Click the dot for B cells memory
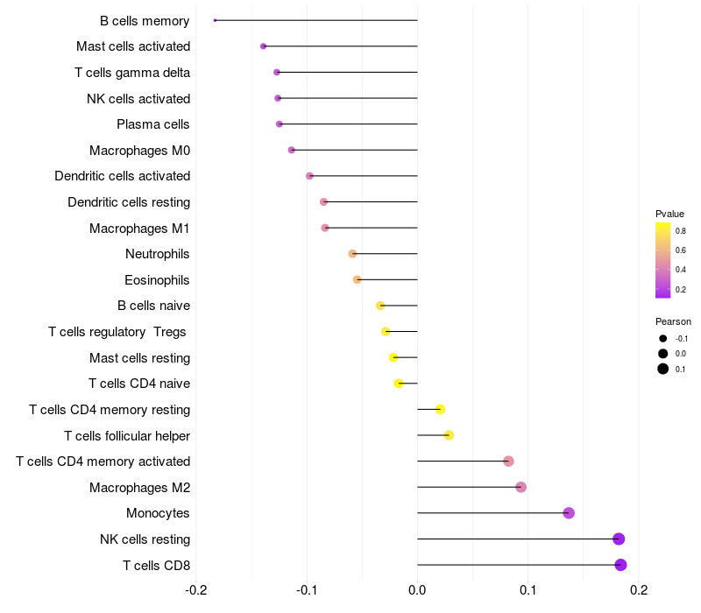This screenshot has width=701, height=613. pyautogui.click(x=215, y=20)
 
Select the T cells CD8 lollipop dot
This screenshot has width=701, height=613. pyautogui.click(x=620, y=565)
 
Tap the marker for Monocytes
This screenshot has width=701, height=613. pyautogui.click(x=569, y=513)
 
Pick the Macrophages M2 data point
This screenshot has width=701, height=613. pyautogui.click(x=520, y=487)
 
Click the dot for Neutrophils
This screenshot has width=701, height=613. pyautogui.click(x=352, y=254)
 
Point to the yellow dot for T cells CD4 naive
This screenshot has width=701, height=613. pyautogui.click(x=399, y=384)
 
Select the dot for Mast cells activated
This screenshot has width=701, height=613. pyautogui.click(x=264, y=46)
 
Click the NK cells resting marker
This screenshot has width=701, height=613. pyautogui.click(x=619, y=539)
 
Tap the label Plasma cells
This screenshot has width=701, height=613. pyautogui.click(x=152, y=124)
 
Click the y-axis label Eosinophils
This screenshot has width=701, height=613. pyautogui.click(x=157, y=280)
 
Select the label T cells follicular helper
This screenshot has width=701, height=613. pyautogui.click(x=127, y=435)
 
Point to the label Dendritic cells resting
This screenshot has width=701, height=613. pyautogui.click(x=129, y=202)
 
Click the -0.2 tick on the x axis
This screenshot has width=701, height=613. pyautogui.click(x=195, y=590)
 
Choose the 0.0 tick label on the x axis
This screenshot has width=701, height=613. pyautogui.click(x=417, y=590)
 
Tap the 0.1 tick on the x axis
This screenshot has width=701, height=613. pyautogui.click(x=528, y=590)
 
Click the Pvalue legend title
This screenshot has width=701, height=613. pyautogui.click(x=669, y=214)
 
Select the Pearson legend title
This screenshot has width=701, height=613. pyautogui.click(x=673, y=321)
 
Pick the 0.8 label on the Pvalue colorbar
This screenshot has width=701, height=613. pyautogui.click(x=681, y=231)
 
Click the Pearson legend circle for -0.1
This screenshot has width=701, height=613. pyautogui.click(x=663, y=339)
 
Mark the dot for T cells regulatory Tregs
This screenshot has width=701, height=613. pyautogui.click(x=386, y=332)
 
